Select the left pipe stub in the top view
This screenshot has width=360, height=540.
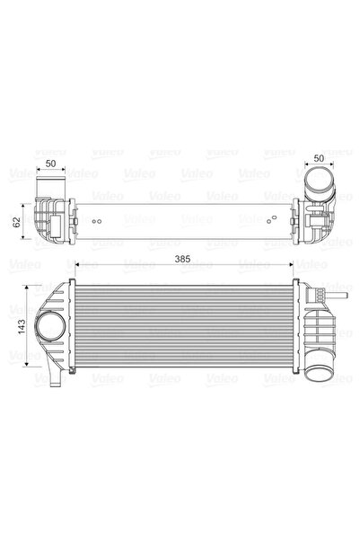pos(48,190)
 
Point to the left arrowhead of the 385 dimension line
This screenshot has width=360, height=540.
pos(77,266)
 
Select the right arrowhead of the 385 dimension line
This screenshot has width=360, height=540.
pos(293,266)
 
